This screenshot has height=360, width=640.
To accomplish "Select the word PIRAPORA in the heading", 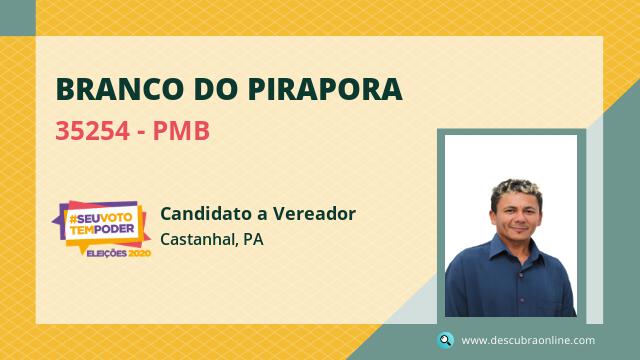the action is [x=325, y=89].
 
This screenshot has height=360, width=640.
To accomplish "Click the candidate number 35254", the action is [x=93, y=131].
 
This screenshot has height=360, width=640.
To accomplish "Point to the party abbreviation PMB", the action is [x=181, y=131].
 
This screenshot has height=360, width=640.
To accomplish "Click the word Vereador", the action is [x=314, y=213].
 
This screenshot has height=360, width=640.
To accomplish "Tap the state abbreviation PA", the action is [x=253, y=239].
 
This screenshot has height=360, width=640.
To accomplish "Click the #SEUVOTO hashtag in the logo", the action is [x=100, y=218].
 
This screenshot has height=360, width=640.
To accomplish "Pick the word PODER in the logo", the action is [x=114, y=229].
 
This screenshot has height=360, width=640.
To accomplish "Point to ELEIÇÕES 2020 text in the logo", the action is [x=119, y=253].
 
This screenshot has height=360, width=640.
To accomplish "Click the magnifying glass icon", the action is [x=445, y=340].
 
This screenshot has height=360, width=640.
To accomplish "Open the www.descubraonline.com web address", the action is [x=528, y=340].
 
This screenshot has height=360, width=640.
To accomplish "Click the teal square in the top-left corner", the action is [x=18, y=18].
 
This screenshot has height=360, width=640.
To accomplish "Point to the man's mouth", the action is [x=518, y=228].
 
